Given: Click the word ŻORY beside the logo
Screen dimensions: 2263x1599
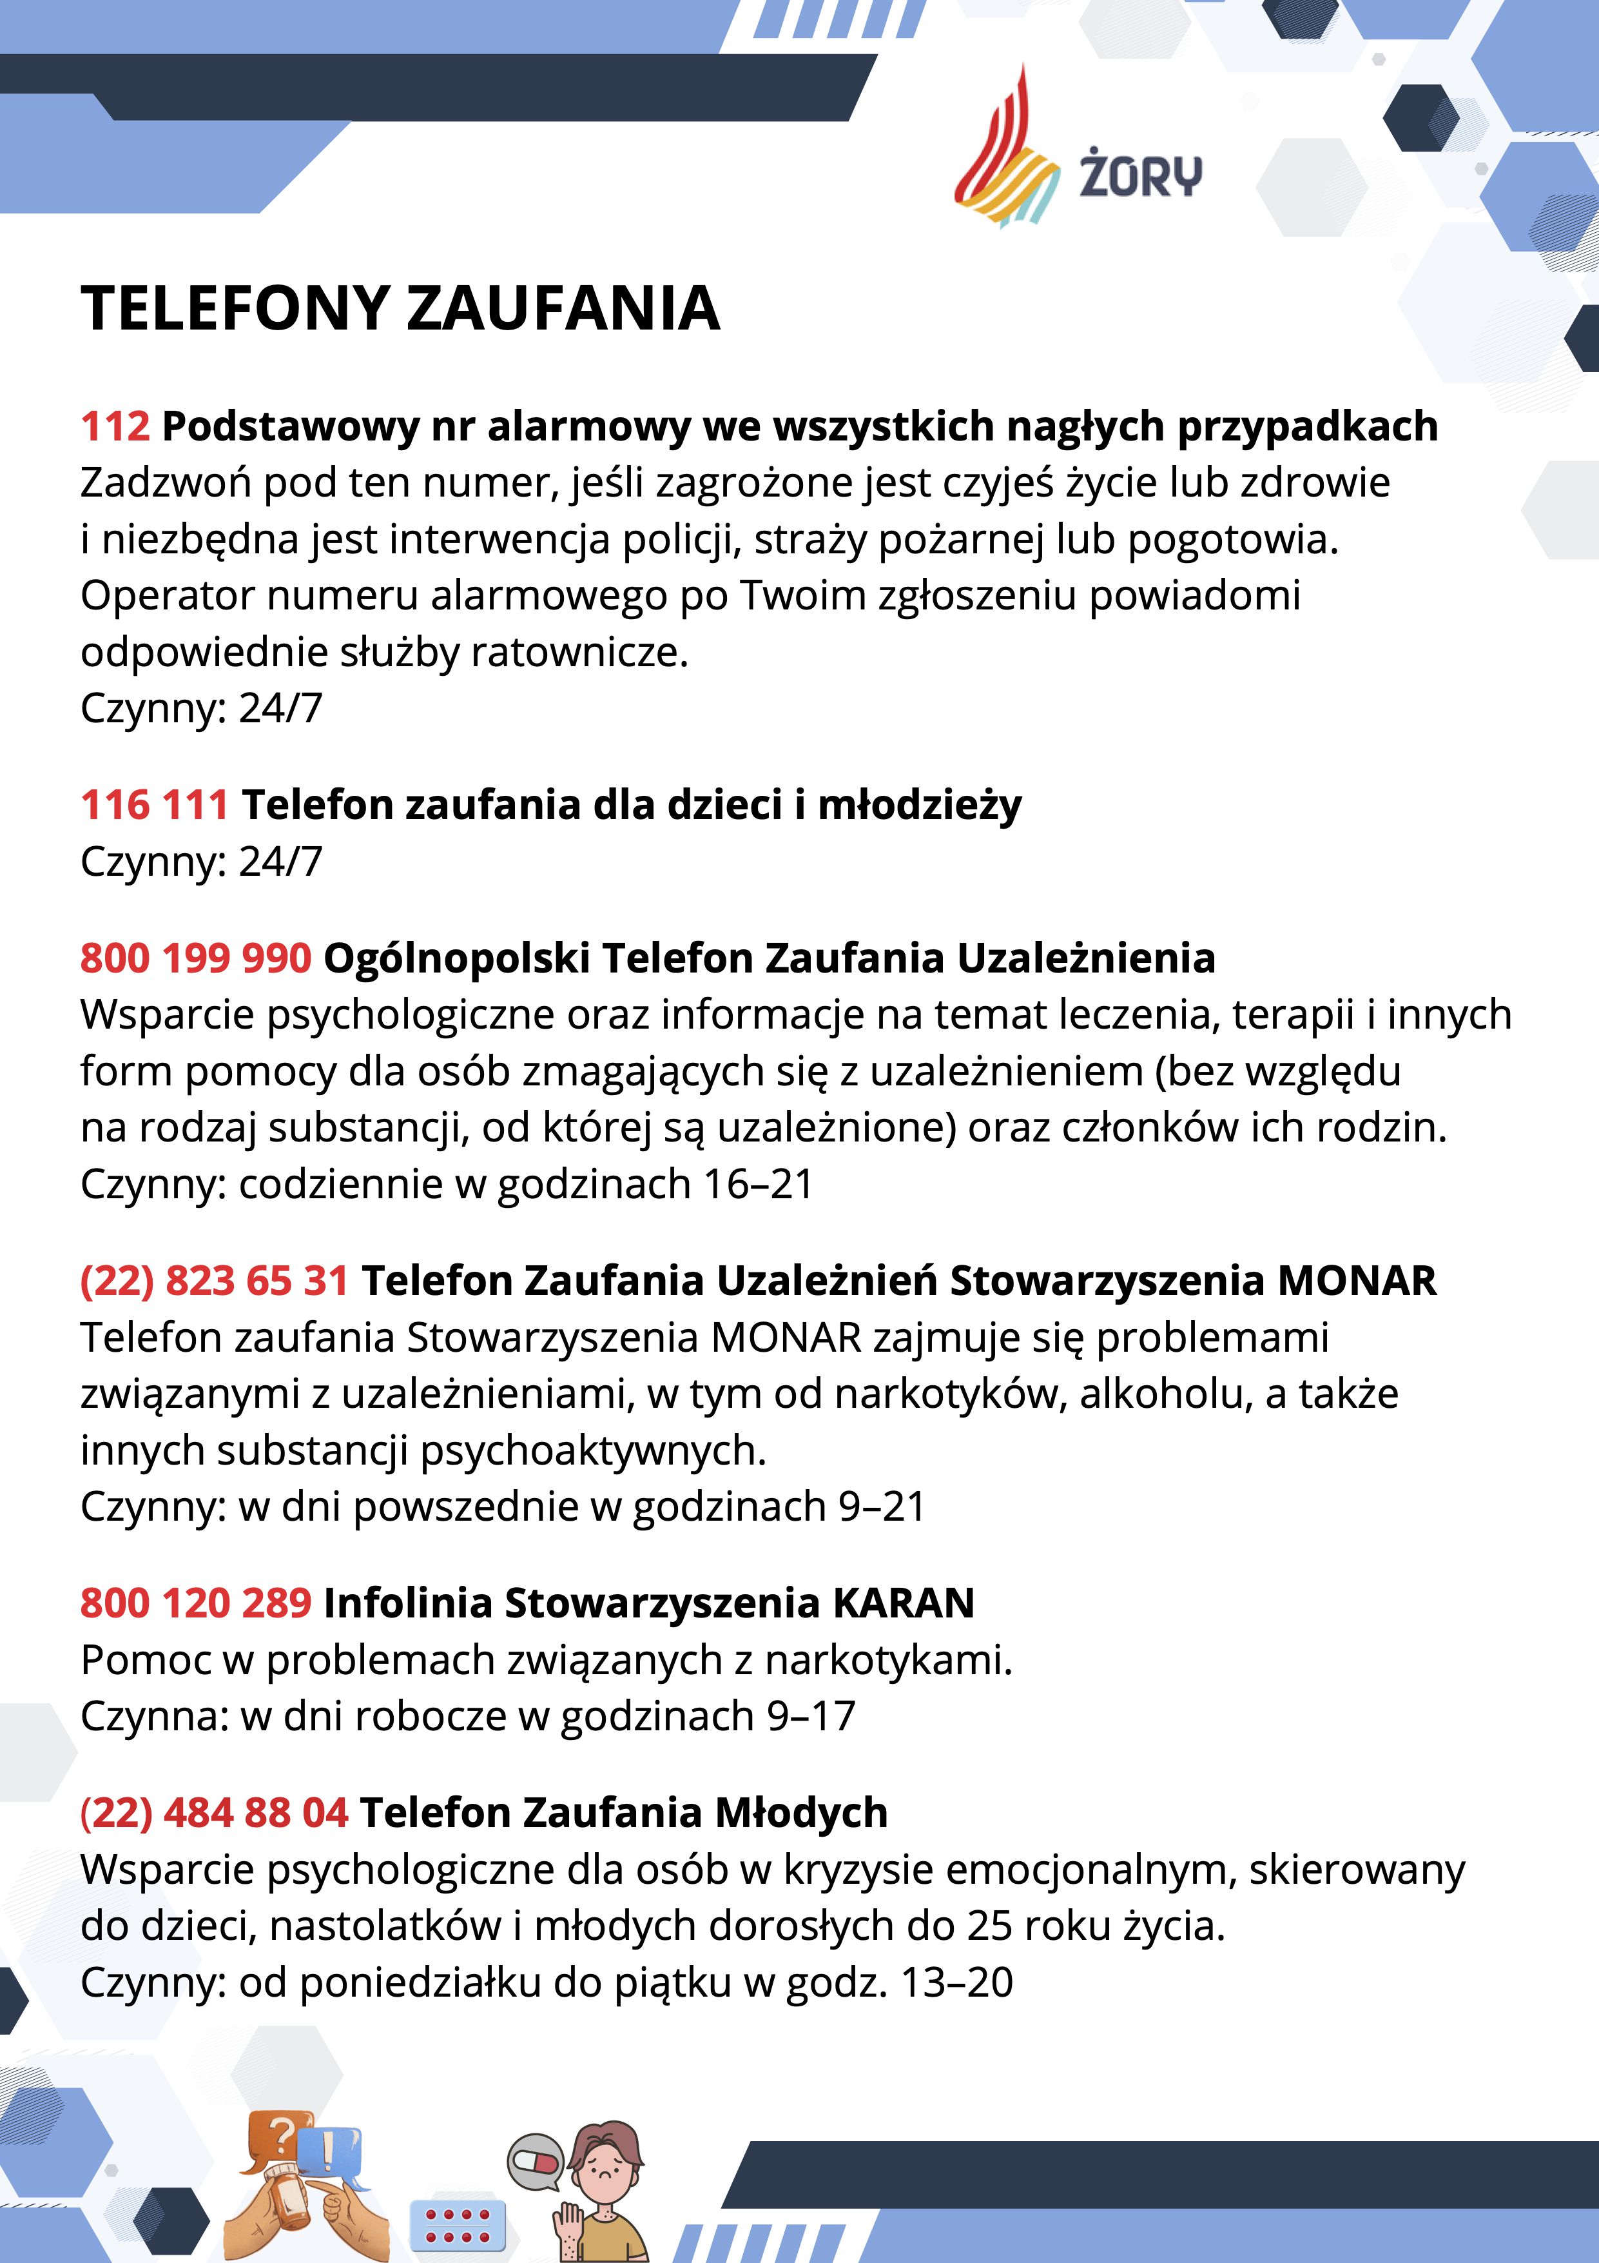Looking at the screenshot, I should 1140,173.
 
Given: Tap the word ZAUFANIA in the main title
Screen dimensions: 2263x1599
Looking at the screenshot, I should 563,308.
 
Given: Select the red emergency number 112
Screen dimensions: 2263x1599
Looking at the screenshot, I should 115,426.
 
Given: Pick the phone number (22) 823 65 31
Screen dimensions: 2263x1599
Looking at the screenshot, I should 214,1280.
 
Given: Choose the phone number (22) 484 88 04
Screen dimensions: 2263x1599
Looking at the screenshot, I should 214,1812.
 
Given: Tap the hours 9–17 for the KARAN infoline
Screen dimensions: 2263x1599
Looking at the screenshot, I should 810,1716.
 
